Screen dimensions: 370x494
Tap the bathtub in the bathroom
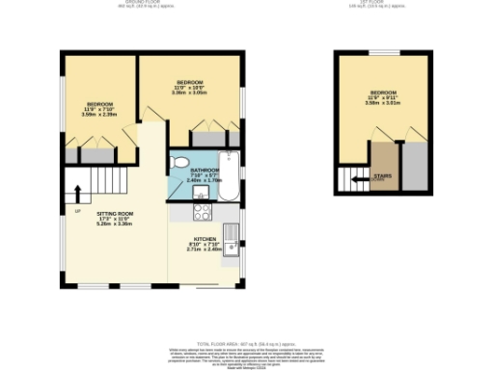click(228, 175)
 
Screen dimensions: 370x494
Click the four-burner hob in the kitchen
click(202, 211)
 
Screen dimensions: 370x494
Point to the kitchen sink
click(232, 234)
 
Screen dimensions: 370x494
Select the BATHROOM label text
click(204, 170)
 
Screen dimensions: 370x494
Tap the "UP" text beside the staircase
click(76, 210)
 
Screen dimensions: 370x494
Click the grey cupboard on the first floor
click(414, 164)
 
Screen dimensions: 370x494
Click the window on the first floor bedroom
click(384, 51)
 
